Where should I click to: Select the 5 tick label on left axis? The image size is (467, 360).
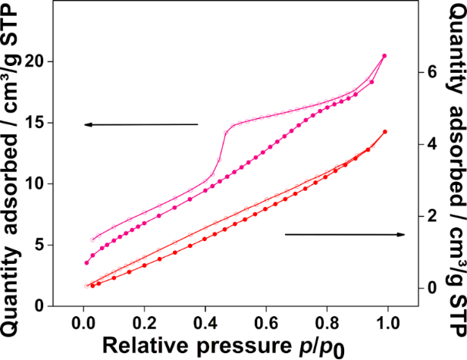[52, 245]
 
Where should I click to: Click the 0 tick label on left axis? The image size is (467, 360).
[52, 305]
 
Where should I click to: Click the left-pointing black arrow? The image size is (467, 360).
[140, 124]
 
